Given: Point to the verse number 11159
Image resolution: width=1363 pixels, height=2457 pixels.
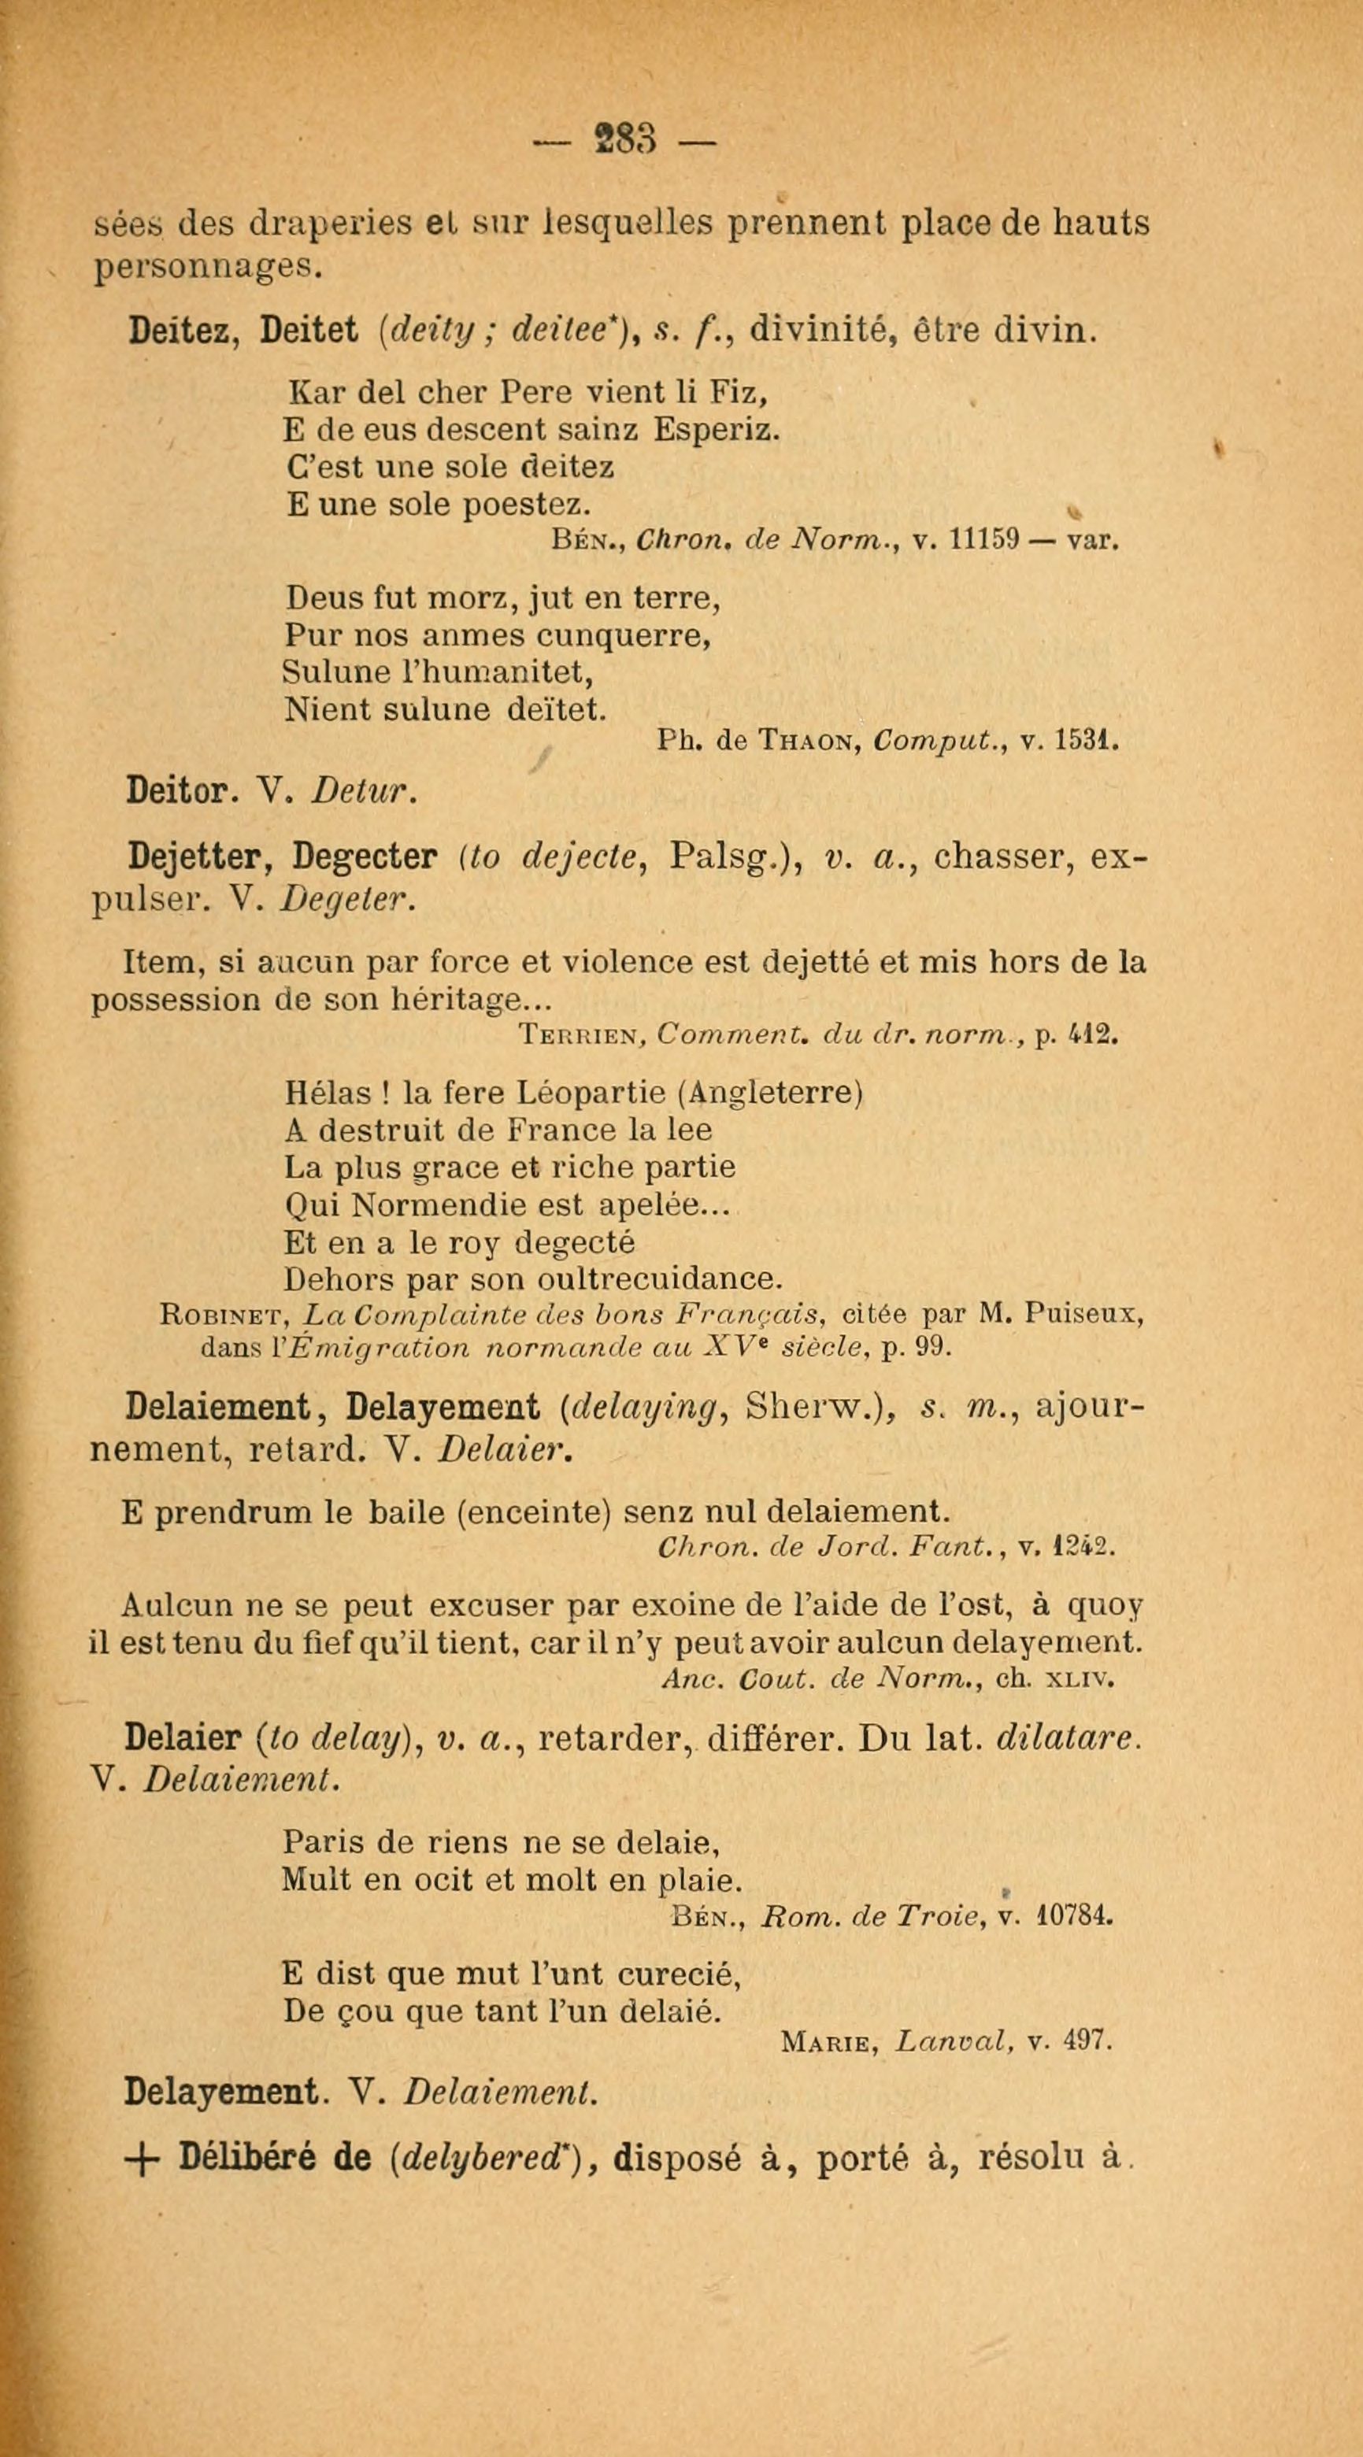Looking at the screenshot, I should (x=981, y=542).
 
